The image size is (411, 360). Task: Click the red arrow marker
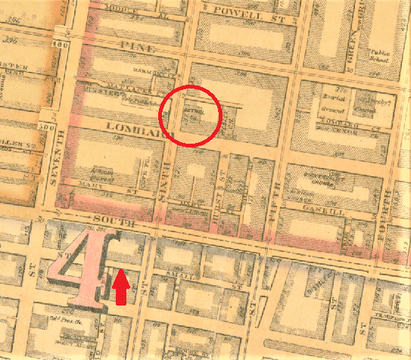[x=120, y=290]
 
